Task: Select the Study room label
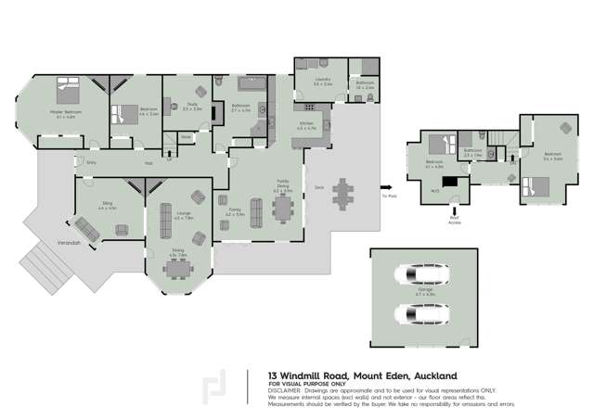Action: coord(191,108)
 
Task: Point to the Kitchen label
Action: coord(306,125)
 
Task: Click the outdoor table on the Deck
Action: coord(343,195)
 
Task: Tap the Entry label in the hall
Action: coord(91,163)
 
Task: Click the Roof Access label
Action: coord(454,221)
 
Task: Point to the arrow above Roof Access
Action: coord(454,207)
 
